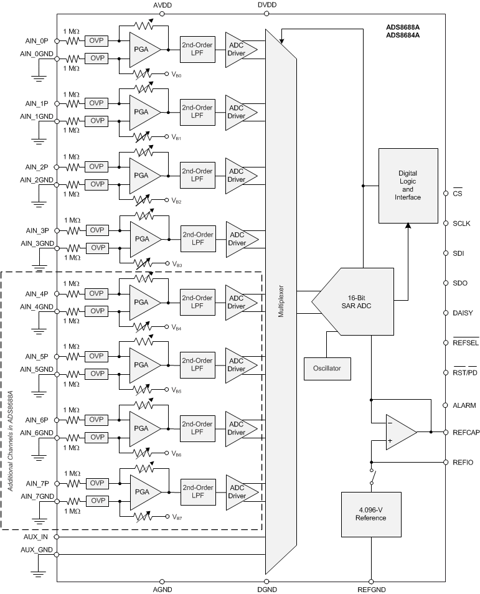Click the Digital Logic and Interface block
click(x=408, y=185)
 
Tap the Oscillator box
click(x=327, y=368)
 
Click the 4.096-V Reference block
click(x=370, y=514)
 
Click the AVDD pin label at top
click(x=162, y=5)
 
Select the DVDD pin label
click(x=266, y=5)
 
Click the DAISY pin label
click(x=464, y=313)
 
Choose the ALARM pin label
click(x=464, y=405)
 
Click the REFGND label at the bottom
click(x=371, y=589)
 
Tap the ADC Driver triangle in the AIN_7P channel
click(x=238, y=492)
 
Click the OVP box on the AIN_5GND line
click(x=96, y=374)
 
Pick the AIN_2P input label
click(x=37, y=167)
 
